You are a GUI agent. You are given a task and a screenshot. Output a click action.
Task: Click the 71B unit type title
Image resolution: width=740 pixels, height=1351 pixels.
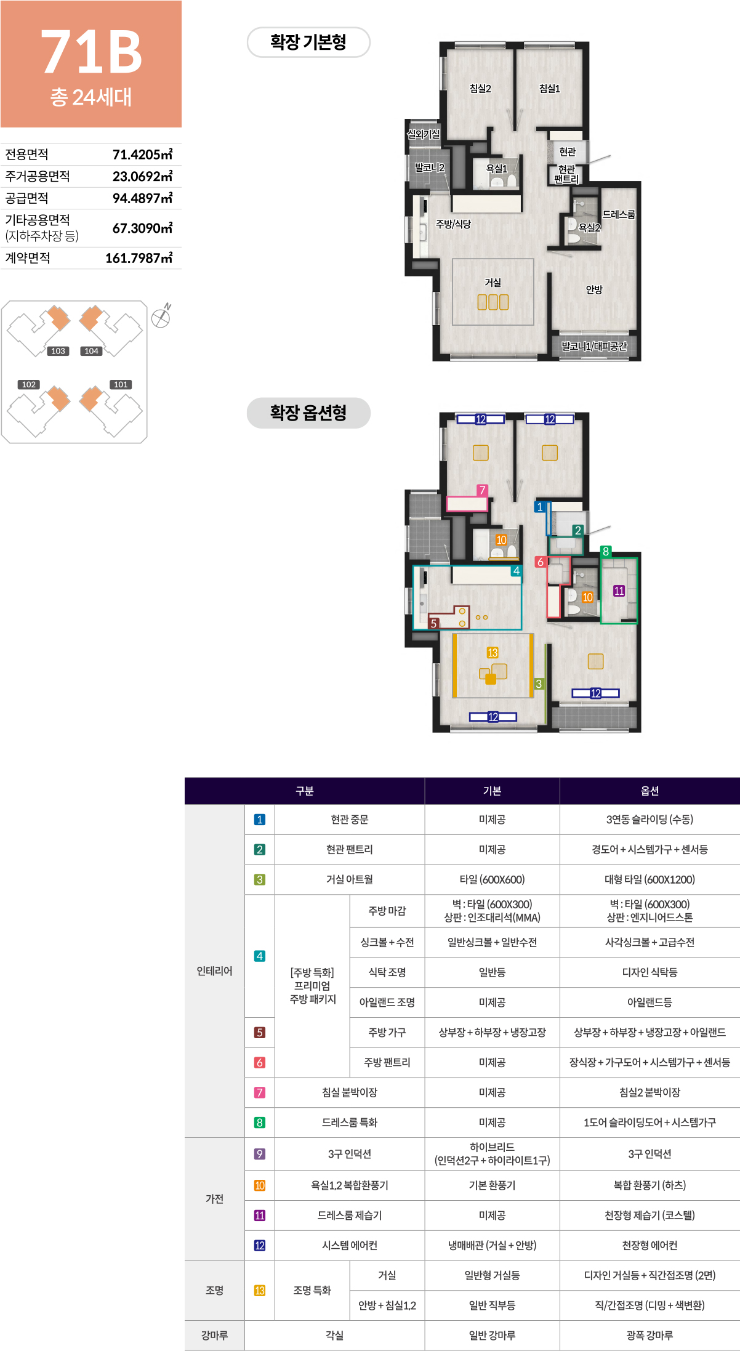[91, 52]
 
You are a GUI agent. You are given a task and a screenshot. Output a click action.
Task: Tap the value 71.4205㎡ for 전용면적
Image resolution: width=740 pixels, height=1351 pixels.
[142, 155]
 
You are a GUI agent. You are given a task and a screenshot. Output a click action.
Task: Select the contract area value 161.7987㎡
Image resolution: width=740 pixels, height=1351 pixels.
[139, 258]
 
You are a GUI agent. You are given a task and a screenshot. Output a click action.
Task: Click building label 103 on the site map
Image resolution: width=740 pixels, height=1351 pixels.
[58, 351]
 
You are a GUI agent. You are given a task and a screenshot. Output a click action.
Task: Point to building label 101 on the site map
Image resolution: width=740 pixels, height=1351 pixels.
[121, 384]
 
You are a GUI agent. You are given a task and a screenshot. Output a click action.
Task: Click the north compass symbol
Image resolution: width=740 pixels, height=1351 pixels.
[161, 317]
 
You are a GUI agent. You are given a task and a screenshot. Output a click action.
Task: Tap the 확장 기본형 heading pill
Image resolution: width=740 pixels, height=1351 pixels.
[308, 42]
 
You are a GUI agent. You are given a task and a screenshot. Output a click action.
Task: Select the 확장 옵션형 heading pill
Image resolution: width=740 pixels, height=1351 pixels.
[308, 413]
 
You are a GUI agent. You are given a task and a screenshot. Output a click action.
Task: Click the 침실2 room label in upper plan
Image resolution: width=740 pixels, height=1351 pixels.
[480, 89]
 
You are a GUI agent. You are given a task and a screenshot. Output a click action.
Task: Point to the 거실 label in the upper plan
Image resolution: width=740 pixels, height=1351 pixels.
[493, 283]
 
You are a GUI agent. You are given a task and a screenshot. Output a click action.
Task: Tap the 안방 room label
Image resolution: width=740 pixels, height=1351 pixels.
[594, 289]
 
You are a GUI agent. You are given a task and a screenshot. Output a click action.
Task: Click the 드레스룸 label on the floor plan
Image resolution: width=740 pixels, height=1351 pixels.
[619, 214]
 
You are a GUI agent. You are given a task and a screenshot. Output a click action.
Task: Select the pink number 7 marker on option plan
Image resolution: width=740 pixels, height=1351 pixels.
[482, 490]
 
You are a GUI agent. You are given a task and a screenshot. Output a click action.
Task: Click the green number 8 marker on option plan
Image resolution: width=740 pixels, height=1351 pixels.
[606, 551]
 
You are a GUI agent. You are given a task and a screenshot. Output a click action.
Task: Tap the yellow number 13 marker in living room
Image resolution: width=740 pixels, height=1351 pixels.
[493, 653]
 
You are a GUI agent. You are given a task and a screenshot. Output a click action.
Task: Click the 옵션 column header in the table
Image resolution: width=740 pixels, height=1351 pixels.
[650, 791]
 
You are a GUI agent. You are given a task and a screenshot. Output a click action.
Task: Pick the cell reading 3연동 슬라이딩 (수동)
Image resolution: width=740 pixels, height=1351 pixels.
[650, 820]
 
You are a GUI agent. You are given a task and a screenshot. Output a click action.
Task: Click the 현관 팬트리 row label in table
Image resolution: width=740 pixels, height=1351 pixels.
[350, 850]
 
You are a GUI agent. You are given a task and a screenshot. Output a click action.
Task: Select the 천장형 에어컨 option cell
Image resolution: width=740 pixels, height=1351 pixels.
[650, 1246]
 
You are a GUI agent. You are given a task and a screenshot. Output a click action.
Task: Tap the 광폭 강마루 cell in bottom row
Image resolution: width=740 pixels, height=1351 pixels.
[650, 1336]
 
